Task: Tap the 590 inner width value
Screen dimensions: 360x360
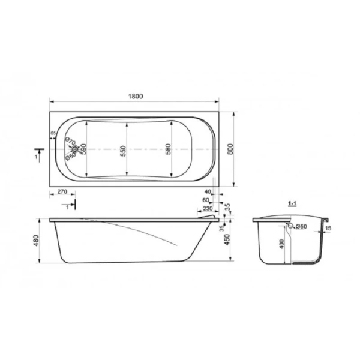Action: pos(85,149)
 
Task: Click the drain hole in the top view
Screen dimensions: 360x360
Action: pos(74,149)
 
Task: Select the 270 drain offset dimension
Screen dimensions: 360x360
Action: pos(62,193)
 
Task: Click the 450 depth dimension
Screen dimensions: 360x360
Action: pos(227,240)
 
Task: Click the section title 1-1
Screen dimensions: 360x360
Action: pos(293,204)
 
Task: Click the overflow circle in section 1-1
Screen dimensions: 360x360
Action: pos(291,226)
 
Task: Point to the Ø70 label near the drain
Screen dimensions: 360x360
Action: pos(70,142)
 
